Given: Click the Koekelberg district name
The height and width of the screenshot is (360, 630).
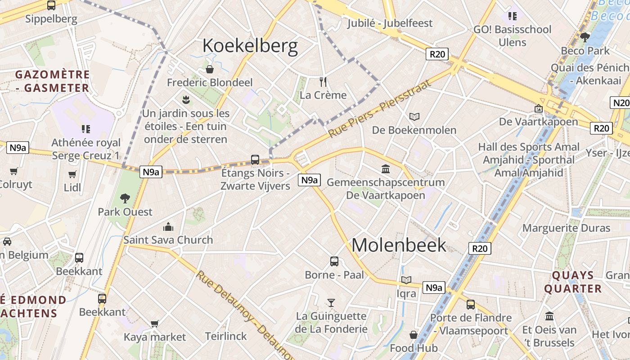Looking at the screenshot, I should click(x=250, y=46).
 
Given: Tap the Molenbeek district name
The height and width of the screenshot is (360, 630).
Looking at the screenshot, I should click(x=399, y=245).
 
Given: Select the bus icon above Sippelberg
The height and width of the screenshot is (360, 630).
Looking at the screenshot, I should click(x=51, y=6).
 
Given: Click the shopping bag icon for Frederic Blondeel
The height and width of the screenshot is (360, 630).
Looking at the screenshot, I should click(x=210, y=69).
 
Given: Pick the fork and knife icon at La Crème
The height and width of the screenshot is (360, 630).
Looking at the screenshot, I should click(x=323, y=81).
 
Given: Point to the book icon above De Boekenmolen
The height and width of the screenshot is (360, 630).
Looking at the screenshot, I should click(x=414, y=117).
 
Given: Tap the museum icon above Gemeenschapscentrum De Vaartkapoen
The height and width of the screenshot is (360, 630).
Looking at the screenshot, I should click(x=386, y=169).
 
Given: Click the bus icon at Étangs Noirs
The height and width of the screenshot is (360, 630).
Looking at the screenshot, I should click(x=255, y=159).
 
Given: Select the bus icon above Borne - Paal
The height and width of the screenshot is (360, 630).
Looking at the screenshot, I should click(x=334, y=261).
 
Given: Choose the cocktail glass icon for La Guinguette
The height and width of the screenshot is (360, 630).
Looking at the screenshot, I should click(x=331, y=303).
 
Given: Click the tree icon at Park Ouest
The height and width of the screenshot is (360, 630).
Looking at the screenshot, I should click(x=125, y=198).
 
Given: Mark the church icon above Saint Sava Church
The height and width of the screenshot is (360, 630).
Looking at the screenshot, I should click(x=168, y=226).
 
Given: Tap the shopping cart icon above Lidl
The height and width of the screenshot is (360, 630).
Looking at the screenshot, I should click(x=72, y=174).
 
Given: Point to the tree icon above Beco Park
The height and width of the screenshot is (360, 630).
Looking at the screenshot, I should click(x=585, y=37).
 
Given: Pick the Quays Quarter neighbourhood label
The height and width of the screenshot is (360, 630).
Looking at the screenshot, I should click(x=572, y=282).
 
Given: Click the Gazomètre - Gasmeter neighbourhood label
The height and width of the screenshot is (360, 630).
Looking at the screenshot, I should click(x=52, y=81).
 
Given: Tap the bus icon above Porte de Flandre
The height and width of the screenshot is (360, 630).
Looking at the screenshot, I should click(x=471, y=305).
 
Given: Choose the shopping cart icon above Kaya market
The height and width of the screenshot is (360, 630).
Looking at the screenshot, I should click(x=155, y=324).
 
